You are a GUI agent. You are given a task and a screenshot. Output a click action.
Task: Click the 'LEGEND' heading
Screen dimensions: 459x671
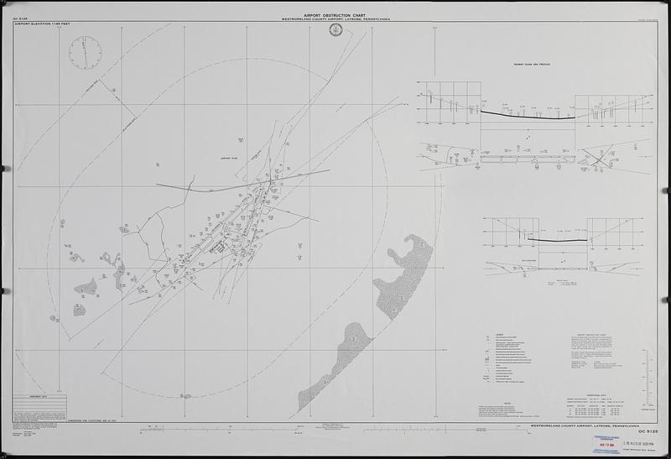pyautogui.click(x=487, y=330)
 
